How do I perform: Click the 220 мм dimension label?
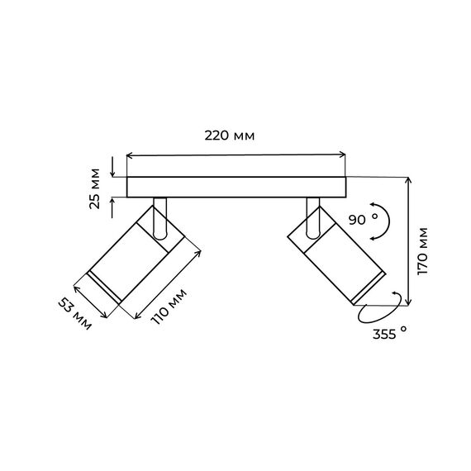tap(230, 136)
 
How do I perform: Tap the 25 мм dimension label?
tap(95, 189)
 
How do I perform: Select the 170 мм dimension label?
tap(422, 251)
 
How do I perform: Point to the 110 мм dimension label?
tap(169, 307)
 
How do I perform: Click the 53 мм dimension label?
tap(74, 314)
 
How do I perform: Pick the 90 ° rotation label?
tap(363, 219)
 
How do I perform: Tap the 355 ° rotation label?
tap(389, 334)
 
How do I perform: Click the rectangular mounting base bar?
tap(236, 187)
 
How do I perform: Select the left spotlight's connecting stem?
tap(159, 219)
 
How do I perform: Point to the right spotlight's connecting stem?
tap(313, 218)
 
